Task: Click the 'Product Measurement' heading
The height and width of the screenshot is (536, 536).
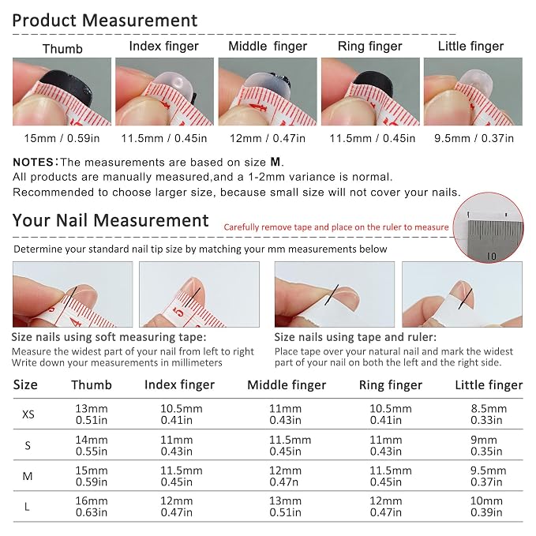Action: coord(105,21)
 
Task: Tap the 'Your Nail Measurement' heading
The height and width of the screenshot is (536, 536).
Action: coord(111,220)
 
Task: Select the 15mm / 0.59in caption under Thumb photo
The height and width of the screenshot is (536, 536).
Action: coord(62,138)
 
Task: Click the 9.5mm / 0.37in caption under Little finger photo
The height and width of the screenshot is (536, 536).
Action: coord(474,138)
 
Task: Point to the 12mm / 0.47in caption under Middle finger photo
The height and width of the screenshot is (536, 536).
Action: coord(268,138)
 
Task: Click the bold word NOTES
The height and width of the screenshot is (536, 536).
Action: coord(33,162)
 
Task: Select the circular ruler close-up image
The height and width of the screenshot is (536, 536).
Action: coord(488,227)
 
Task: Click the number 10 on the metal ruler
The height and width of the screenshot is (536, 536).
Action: coord(491,256)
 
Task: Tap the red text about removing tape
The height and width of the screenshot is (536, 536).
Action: coord(336,227)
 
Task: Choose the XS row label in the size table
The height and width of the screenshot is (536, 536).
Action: coord(28,414)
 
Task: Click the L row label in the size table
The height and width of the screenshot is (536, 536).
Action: coord(27,507)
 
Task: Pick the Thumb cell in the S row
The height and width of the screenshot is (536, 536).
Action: coord(92,445)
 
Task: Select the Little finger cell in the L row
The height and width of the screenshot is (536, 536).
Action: coord(486,507)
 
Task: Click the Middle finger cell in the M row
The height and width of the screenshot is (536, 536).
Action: coord(285,476)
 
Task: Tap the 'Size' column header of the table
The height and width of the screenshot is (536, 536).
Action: coord(25,385)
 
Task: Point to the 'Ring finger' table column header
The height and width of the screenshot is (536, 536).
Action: coord(391,385)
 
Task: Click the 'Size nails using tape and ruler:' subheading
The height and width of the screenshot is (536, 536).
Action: coord(355,337)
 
